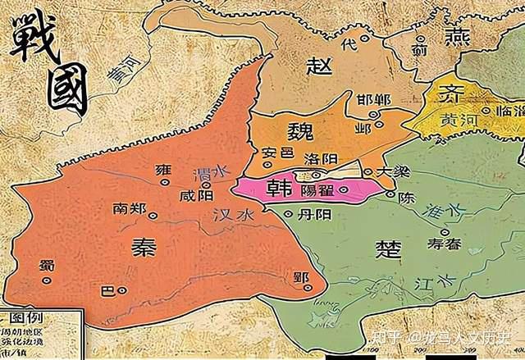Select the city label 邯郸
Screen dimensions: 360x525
[374, 99]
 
